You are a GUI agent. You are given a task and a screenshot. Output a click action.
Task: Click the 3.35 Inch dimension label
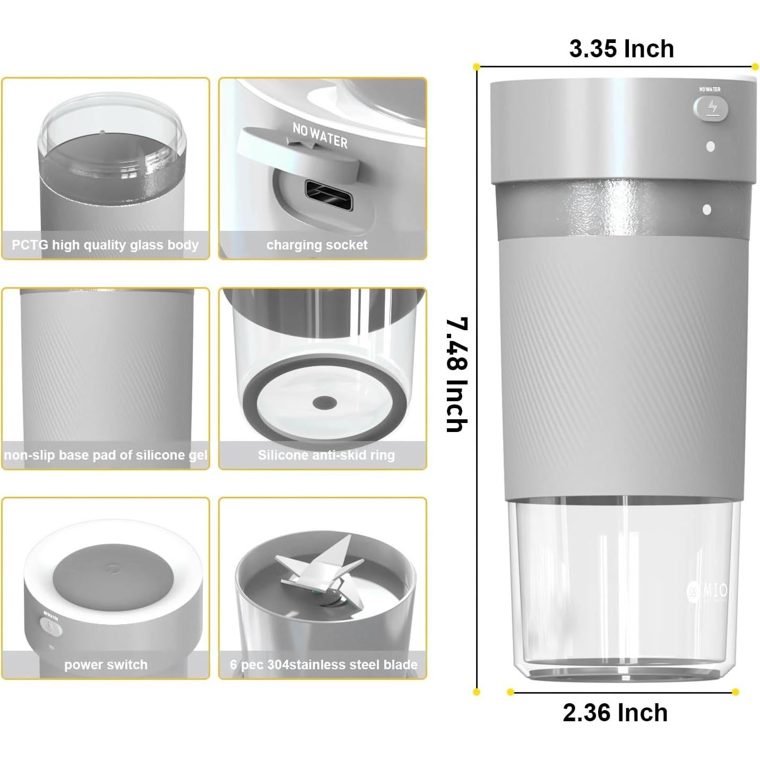tap(621, 49)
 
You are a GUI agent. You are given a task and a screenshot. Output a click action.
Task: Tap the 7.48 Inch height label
tap(456, 375)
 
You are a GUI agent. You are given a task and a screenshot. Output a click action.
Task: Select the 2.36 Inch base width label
tap(615, 712)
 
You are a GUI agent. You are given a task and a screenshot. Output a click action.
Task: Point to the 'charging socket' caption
tap(317, 245)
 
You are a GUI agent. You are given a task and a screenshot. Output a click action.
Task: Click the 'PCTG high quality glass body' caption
tap(105, 245)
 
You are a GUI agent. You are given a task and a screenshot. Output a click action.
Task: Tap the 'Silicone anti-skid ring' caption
tap(326, 455)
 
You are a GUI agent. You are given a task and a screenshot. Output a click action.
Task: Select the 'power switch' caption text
tap(106, 664)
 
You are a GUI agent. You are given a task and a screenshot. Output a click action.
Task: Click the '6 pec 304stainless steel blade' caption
tap(323, 664)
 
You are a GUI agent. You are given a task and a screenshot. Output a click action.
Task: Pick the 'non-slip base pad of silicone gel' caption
tap(105, 455)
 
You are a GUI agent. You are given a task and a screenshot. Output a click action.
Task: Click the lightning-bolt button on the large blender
tap(711, 109)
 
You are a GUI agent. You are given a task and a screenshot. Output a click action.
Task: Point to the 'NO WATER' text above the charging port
tap(320, 135)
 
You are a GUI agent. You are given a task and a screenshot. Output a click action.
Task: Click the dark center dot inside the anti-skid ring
tap(324, 403)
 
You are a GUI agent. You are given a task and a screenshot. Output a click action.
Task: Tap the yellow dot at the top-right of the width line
tap(755, 67)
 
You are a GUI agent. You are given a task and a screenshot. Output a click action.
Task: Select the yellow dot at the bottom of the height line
tap(476, 692)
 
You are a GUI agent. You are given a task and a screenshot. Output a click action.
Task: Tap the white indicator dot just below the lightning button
tap(711, 146)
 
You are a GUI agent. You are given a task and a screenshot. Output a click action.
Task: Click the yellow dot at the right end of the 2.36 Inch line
tap(735, 692)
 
